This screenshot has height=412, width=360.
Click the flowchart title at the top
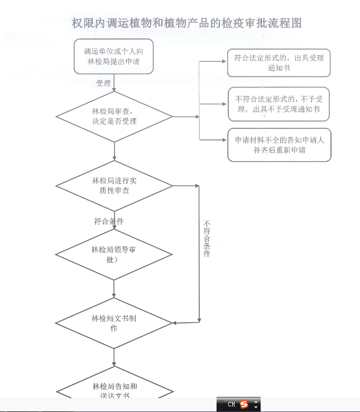pyautogui.click(x=187, y=23)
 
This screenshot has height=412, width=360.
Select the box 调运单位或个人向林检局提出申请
pyautogui.click(x=113, y=56)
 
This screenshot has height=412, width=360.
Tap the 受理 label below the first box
pyautogui.click(x=103, y=84)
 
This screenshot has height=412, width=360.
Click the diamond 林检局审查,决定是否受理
pyautogui.click(x=114, y=117)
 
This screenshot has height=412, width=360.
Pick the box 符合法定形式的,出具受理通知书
pyautogui.click(x=279, y=62)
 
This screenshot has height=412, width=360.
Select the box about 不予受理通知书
pyautogui.click(x=279, y=104)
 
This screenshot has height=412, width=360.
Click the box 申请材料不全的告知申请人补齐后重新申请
pyautogui.click(x=279, y=145)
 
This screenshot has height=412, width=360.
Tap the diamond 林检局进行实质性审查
pyautogui.click(x=114, y=186)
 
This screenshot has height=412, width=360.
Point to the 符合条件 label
pyautogui.click(x=109, y=221)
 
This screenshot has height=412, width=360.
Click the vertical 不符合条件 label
pyautogui.click(x=207, y=238)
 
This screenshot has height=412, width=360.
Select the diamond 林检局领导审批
pyautogui.click(x=114, y=254)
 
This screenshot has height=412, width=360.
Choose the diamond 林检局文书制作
pyautogui.click(x=114, y=323)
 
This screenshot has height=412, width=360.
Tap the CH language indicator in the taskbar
pyautogui.click(x=231, y=405)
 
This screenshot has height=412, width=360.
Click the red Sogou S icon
pyautogui.click(x=244, y=405)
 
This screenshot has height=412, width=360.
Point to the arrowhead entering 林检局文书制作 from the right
pyautogui.click(x=175, y=323)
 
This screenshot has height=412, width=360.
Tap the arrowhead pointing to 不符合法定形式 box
pyautogui.click(x=224, y=104)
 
